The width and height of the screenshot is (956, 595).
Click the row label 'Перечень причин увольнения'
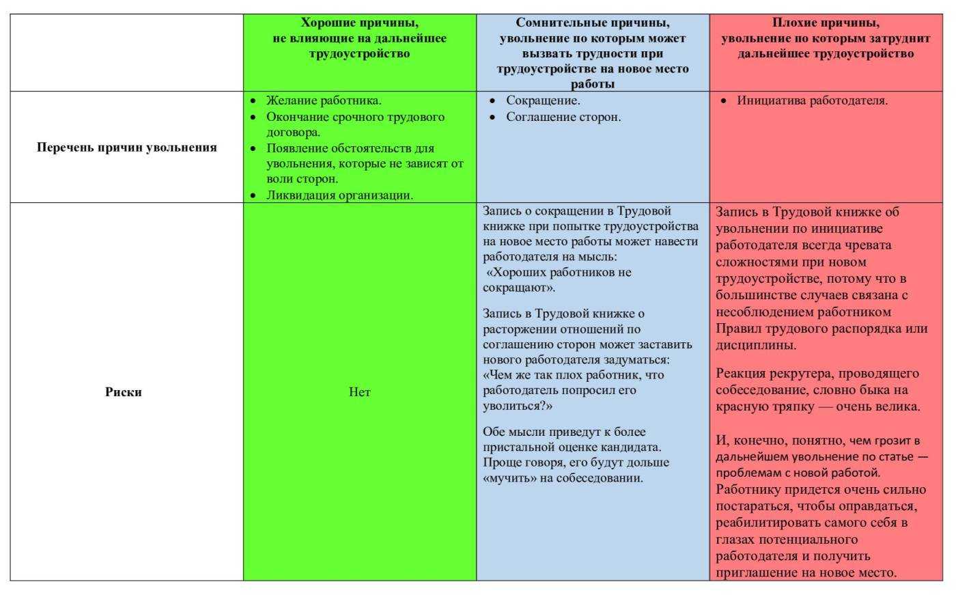pyautogui.click(x=126, y=148)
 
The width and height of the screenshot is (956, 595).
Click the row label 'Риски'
pyautogui.click(x=124, y=392)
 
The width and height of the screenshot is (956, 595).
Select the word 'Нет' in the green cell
pyautogui.click(x=360, y=392)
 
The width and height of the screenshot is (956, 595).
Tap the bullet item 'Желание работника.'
pyautogui.click(x=324, y=101)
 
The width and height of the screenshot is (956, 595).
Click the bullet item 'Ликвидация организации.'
pyautogui.click(x=339, y=195)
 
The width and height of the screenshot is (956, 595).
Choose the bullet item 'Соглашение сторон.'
pyautogui.click(x=563, y=117)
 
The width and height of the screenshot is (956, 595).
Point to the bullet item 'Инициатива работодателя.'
pyautogui.click(x=813, y=101)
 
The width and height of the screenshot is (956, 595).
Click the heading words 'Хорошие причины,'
pyautogui.click(x=360, y=23)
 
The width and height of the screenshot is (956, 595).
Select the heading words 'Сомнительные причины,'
pyautogui.click(x=593, y=23)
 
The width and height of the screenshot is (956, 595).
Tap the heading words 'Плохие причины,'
pyautogui.click(x=826, y=23)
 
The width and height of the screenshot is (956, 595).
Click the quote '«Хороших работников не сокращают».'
pyautogui.click(x=558, y=279)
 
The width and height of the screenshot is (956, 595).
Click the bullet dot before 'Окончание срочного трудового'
pyautogui.click(x=253, y=117)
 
